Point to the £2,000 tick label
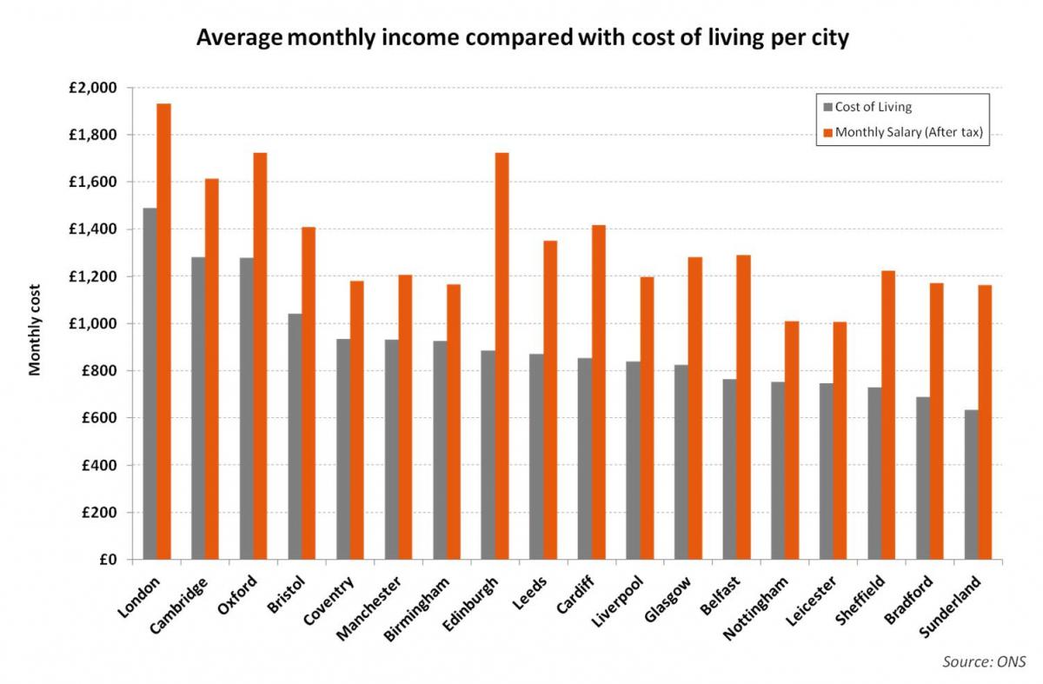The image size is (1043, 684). (96, 88)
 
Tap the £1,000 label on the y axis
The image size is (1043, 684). (96, 323)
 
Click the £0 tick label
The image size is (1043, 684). (108, 559)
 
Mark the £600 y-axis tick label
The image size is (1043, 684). (101, 418)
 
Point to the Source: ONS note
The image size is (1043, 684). (985, 662)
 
